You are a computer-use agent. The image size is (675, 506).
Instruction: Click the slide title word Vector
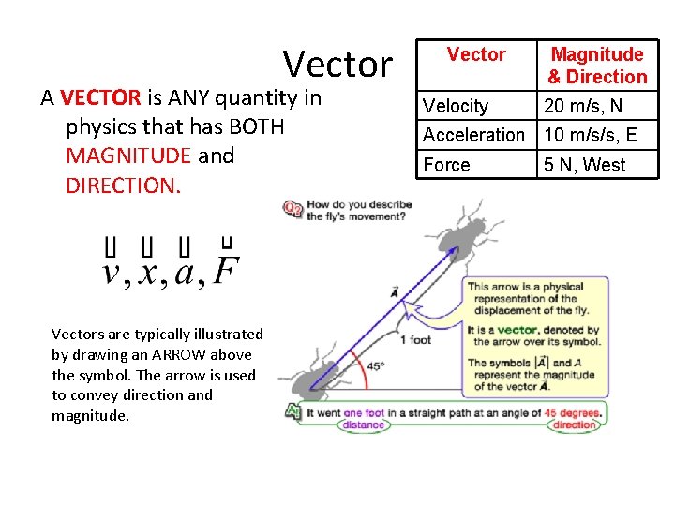337,64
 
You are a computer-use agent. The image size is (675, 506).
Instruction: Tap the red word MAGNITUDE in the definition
128,156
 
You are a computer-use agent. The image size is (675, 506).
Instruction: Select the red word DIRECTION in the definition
121,185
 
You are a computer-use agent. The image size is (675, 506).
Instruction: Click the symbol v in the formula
112,273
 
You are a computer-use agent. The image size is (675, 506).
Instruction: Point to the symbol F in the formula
225,271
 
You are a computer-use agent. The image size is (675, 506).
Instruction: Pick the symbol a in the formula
185,273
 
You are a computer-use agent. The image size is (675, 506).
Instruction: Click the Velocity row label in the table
456,107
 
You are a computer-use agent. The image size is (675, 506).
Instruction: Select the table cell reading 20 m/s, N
583,107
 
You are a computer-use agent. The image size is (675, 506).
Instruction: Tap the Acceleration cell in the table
473,135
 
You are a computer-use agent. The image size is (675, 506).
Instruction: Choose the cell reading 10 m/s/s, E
591,135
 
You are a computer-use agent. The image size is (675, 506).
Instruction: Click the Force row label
447,165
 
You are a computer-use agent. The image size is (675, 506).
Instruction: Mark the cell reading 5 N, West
585,165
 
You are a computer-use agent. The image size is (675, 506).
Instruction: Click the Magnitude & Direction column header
597,66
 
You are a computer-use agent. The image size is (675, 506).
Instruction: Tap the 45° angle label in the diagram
375,367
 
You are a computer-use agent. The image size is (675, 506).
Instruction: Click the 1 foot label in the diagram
415,339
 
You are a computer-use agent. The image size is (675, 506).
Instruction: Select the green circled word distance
363,424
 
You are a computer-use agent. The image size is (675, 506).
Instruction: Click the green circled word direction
575,424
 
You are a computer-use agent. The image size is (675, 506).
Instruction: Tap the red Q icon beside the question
293,208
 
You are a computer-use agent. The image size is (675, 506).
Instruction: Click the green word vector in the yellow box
517,330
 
